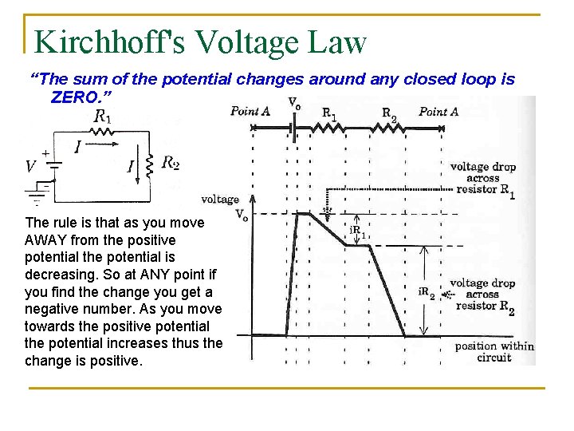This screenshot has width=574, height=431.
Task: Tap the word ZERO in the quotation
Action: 75,97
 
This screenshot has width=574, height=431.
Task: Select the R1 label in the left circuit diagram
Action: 102,117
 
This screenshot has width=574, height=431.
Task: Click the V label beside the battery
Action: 30,167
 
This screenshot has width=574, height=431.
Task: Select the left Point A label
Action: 250,111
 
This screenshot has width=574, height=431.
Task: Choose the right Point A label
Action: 438,111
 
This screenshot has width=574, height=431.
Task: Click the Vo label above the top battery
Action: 293,104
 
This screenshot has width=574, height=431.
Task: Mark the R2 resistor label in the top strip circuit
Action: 389,113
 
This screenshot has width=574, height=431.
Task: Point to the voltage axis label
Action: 220,199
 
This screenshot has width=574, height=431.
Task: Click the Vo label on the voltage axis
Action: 241,214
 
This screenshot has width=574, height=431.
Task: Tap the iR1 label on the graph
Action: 359,232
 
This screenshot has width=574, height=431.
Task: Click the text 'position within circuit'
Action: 493,351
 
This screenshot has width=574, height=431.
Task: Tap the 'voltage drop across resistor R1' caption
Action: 482,180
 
